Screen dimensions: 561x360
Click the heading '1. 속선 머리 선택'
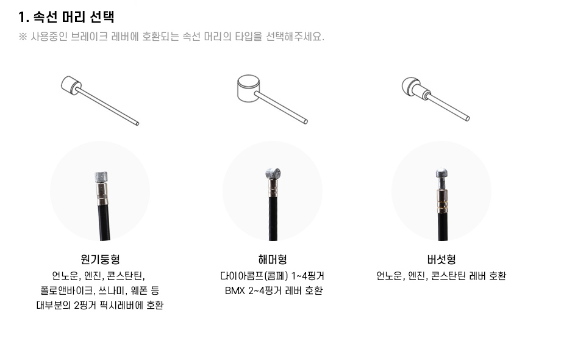pos(66,17)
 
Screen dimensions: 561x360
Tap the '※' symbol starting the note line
pos(23,37)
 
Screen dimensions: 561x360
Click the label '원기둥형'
pos(100,259)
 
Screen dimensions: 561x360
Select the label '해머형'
pos(273,259)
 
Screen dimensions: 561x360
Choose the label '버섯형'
pos(441,259)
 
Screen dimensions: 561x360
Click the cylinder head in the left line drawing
pos(71,85)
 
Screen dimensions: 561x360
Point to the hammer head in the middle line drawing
pos(248,88)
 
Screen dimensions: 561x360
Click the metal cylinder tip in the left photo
pos(101,178)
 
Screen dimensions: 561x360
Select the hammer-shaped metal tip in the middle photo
pos(273,173)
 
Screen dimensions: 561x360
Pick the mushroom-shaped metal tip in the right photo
pos(442,173)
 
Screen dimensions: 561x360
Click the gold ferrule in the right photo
pos(442,201)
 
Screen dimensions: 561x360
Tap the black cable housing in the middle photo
pos(273,218)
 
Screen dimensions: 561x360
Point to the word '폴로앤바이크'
pos(66,290)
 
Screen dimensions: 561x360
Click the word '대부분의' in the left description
pos(53,305)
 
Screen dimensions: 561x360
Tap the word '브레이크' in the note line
pos(90,37)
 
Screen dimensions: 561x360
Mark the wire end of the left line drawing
pos(137,124)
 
